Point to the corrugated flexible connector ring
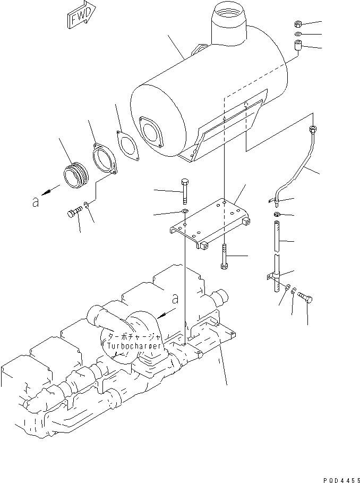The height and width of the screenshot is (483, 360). [73, 176]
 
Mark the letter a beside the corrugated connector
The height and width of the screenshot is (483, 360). [36, 202]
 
